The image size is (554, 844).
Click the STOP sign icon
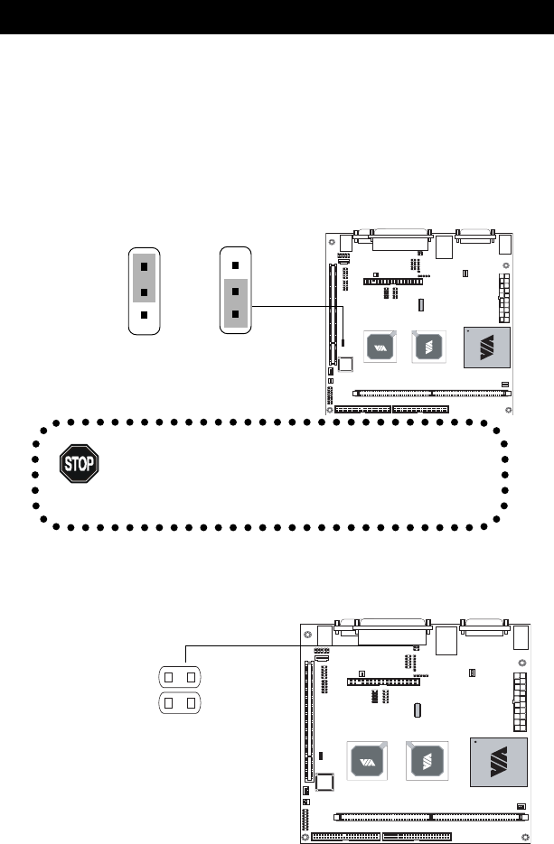tap(79, 465)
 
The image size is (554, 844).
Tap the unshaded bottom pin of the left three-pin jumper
tap(145, 316)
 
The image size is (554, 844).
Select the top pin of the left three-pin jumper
tap(145, 266)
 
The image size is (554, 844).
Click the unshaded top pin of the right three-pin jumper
tap(235, 266)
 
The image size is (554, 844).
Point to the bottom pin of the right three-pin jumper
tap(235, 314)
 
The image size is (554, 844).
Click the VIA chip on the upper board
tap(380, 347)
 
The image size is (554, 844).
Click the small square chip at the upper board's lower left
tap(345, 366)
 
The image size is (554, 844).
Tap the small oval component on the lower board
tap(418, 710)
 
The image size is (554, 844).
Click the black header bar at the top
tap(277, 17)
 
